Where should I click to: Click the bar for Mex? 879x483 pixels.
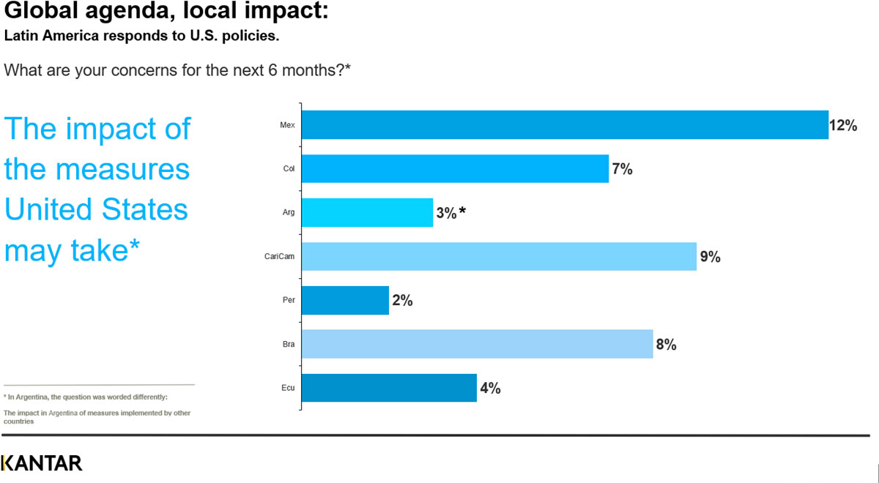(x=565, y=124)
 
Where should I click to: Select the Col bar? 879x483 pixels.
(x=455, y=168)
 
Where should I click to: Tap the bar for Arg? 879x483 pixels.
(x=367, y=212)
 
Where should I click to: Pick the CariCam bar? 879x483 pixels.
(x=499, y=256)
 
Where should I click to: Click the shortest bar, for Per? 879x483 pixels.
(x=345, y=300)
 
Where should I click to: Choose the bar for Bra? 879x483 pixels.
(x=477, y=344)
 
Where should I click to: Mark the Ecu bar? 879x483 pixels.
(x=389, y=388)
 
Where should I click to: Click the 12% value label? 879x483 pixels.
(x=843, y=125)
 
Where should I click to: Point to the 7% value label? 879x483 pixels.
(x=623, y=169)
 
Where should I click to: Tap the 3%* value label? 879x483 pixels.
(x=451, y=213)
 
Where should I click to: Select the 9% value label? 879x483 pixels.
(x=711, y=257)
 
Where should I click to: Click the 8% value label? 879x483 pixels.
(x=666, y=345)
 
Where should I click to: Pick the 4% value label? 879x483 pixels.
(x=490, y=389)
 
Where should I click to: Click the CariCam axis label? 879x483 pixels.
(x=279, y=257)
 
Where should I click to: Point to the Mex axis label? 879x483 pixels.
(x=287, y=125)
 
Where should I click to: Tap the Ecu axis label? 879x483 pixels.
(x=288, y=389)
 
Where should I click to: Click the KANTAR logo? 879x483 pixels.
(x=42, y=463)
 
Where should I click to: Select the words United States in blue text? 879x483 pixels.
(x=96, y=210)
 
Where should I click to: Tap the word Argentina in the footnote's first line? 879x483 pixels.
(x=42, y=397)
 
